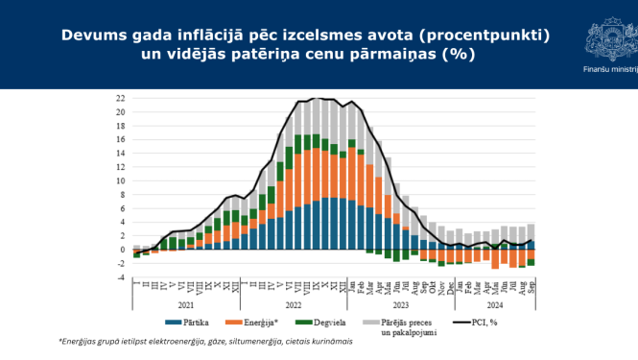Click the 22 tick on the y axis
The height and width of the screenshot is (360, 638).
[x=120, y=98]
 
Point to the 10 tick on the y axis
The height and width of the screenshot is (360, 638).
[x=120, y=180]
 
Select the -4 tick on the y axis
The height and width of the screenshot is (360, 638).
[x=120, y=277]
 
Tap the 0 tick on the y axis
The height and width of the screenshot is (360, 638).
[x=122, y=250]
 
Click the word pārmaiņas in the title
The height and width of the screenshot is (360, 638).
[x=388, y=55]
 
